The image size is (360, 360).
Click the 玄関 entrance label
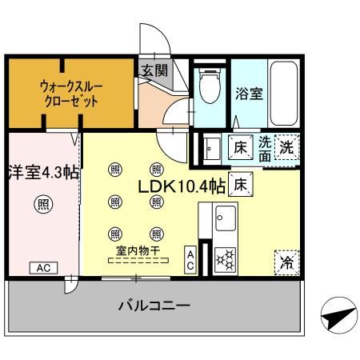(x=154, y=71)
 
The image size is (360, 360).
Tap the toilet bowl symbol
(x=210, y=86)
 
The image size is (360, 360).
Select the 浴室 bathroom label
(x=249, y=93)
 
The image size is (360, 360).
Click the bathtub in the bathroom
(x=283, y=93)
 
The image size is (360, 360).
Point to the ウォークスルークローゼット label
(x=71, y=94)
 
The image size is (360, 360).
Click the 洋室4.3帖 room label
(x=44, y=172)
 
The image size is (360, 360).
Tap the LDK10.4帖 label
(x=182, y=186)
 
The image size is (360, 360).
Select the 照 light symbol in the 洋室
(x=43, y=204)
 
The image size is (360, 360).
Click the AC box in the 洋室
(x=43, y=268)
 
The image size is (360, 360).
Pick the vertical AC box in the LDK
(x=190, y=260)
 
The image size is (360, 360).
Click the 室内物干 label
(x=138, y=250)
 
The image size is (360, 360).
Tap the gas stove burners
(x=226, y=260)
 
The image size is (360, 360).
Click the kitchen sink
(x=226, y=218)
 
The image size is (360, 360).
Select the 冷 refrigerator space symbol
(x=287, y=262)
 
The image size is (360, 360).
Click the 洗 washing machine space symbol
(x=287, y=147)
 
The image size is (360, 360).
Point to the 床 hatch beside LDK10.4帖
(x=241, y=184)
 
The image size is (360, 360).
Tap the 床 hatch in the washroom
(x=241, y=147)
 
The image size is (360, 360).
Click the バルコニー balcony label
(x=154, y=306)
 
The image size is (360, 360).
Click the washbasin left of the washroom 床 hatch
(x=212, y=149)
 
